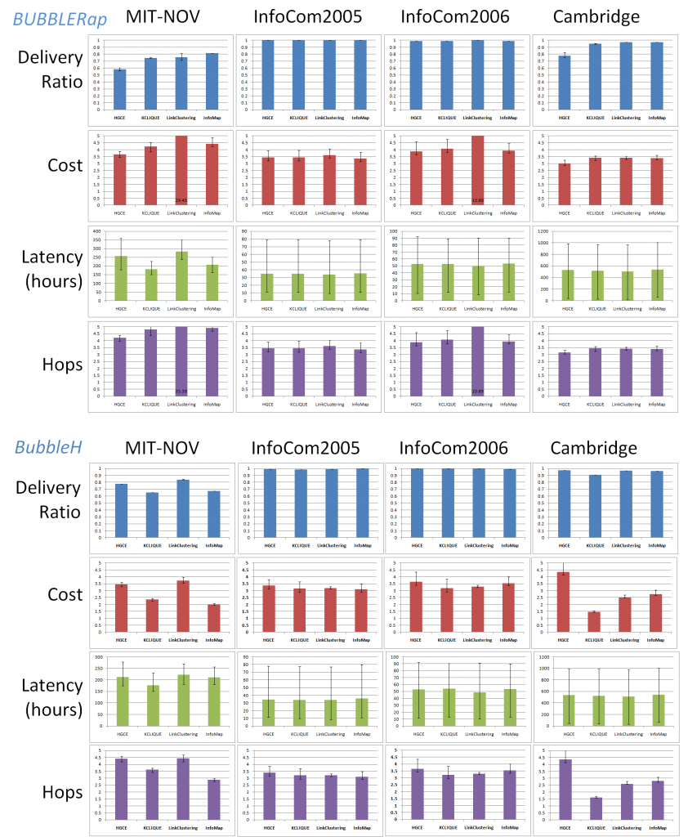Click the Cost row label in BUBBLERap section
65,166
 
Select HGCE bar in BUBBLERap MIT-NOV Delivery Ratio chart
120,88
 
